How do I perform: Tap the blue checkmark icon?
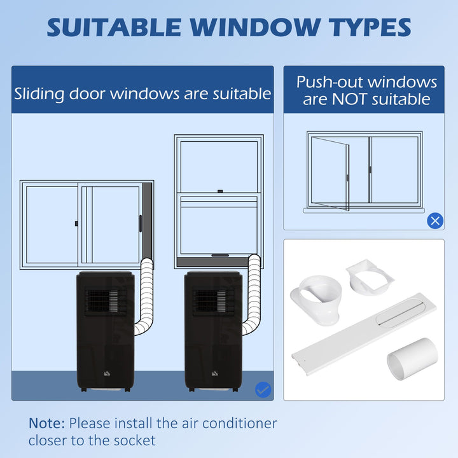pos(263,390)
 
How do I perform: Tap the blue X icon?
pos(435,221)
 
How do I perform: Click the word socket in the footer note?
pos(134,440)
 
